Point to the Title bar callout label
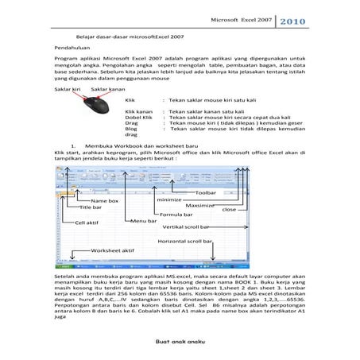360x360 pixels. point(91,207)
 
